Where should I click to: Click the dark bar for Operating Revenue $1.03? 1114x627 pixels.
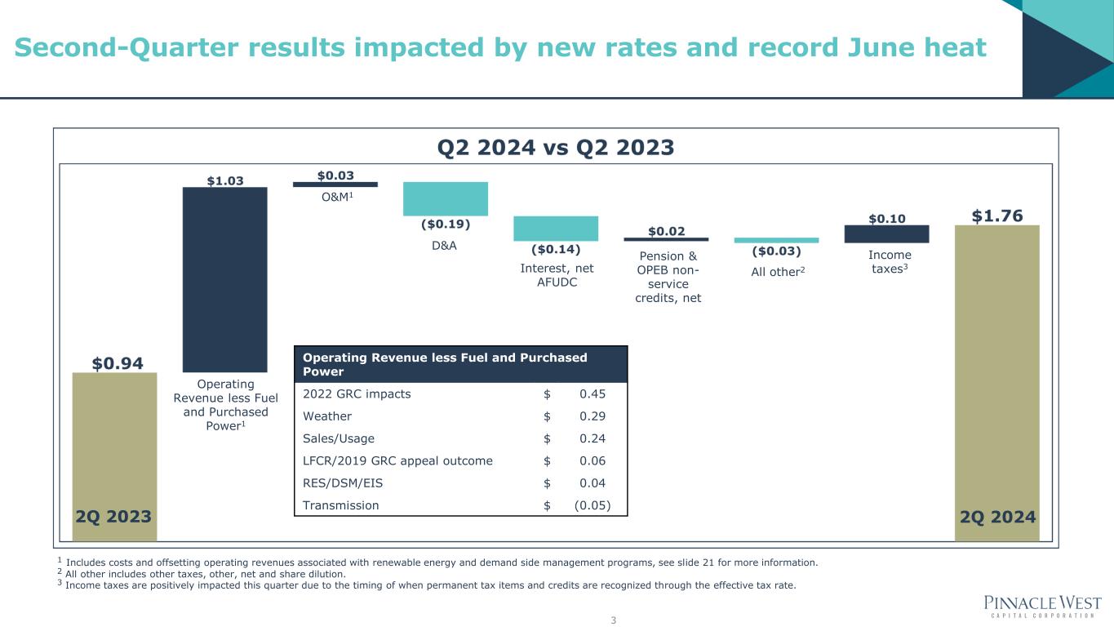point(224,279)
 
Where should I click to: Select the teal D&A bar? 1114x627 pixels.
point(445,198)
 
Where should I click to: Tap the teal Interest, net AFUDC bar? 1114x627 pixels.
point(556,228)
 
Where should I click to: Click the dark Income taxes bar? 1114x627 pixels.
point(886,233)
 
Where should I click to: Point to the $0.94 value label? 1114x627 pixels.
point(114,362)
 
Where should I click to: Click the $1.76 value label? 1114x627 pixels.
point(996,216)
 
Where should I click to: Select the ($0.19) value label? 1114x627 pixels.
point(445,224)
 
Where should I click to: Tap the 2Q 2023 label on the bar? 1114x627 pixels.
point(114,517)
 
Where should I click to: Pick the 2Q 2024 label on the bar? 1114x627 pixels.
point(996,517)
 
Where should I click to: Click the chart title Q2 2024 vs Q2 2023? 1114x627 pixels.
point(556,147)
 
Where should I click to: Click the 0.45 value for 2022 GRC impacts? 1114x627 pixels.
point(593,394)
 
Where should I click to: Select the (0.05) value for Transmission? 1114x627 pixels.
point(592,505)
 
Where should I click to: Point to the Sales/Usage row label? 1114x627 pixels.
point(339,438)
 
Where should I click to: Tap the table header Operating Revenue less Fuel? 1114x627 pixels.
point(445,364)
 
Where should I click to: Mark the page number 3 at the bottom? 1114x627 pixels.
point(613,620)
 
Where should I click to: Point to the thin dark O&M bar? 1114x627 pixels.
point(335,184)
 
